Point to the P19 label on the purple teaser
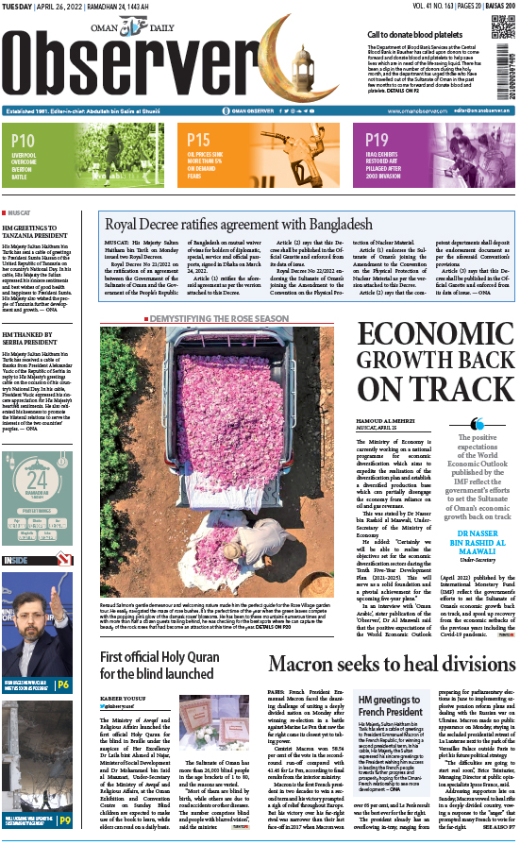377,141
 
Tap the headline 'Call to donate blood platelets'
420,34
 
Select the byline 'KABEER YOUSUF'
124,677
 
